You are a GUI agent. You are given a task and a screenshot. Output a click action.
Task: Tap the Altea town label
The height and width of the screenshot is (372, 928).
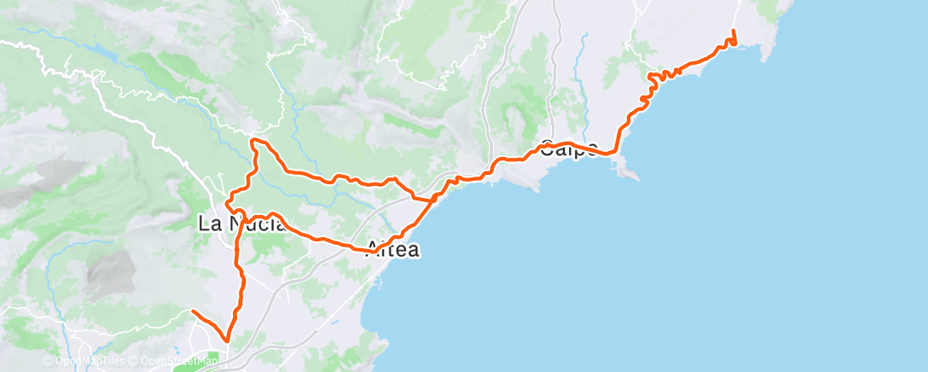coord(393,251)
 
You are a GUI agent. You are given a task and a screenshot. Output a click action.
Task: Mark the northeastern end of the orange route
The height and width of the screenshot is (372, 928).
coord(734,32)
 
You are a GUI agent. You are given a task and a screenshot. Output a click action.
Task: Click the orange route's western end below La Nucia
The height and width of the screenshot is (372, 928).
coord(193,312)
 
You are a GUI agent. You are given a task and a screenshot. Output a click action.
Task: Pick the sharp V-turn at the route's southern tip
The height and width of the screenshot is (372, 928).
coord(227,340)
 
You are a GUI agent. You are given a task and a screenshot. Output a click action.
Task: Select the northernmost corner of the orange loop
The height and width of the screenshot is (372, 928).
coord(253,139)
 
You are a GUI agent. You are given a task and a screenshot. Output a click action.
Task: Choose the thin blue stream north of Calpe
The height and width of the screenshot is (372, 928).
coord(585,60)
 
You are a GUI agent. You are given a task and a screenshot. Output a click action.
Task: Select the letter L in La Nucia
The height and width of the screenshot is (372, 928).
coord(204,225)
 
